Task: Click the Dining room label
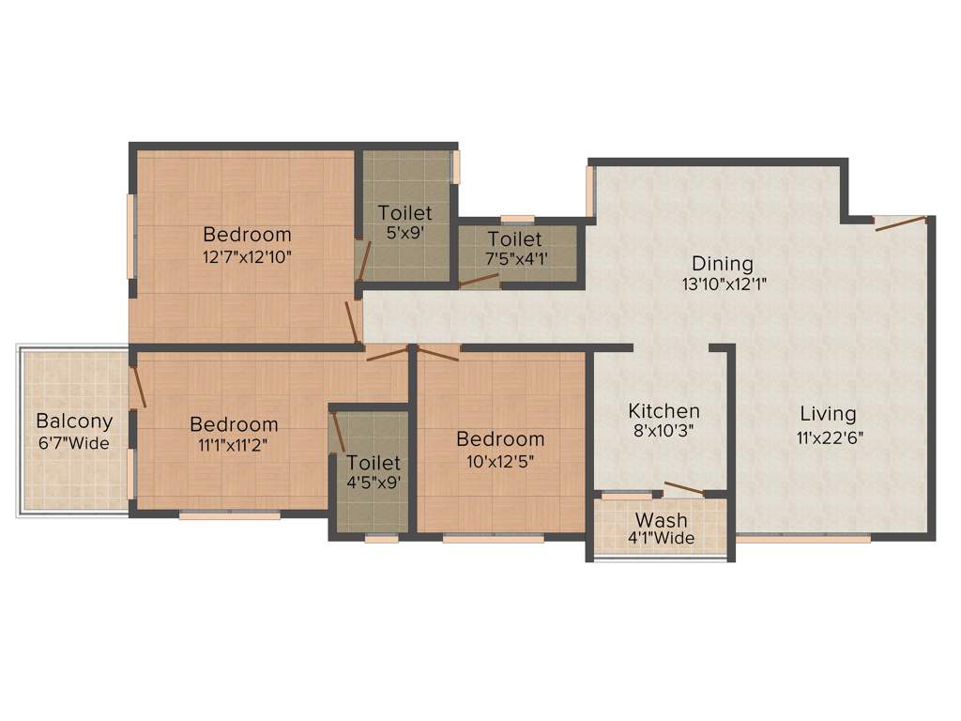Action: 723,263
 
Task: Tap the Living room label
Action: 828,413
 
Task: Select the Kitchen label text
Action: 664,411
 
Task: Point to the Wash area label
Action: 662,520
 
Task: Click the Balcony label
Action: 74,422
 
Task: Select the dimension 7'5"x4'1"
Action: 514,257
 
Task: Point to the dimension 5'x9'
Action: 405,232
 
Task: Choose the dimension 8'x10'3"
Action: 664,432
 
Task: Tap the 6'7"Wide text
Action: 74,443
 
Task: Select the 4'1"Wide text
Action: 662,538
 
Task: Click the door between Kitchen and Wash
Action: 683,488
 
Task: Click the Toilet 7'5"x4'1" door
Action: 480,280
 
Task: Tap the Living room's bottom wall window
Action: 802,539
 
